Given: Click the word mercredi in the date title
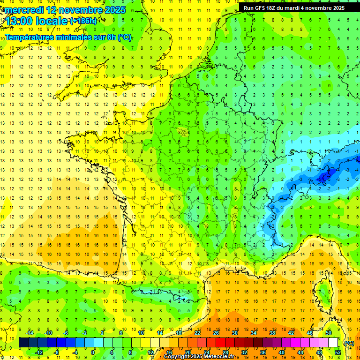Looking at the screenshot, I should (23, 10).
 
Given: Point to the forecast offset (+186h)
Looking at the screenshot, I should (83, 21).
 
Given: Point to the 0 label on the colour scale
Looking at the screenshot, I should (93, 352).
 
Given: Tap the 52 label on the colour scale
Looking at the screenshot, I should (337, 352).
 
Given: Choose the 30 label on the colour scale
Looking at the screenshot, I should (234, 333).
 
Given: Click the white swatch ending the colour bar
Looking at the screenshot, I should (333, 343).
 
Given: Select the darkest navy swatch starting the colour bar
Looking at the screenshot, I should (23, 343).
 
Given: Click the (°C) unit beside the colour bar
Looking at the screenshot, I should (349, 343).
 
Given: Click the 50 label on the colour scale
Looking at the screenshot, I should (328, 333).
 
